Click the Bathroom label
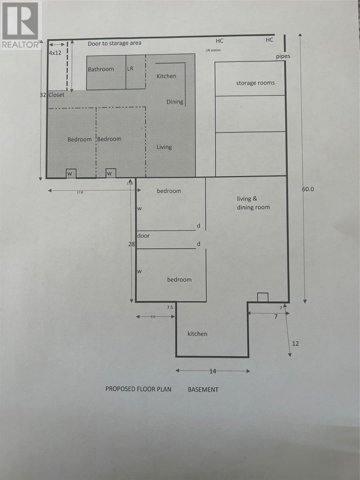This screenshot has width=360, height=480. (x=101, y=69)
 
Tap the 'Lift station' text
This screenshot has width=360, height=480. (x=213, y=50)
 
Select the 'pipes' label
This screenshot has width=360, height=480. (x=283, y=56)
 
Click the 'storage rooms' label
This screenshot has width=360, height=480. (x=255, y=83)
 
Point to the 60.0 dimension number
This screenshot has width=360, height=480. (x=308, y=189)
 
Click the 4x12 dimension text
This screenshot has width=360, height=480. (x=55, y=52)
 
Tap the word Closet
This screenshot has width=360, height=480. (x=56, y=95)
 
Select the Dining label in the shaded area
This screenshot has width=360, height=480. (x=175, y=102)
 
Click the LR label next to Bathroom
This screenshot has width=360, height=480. (x=130, y=69)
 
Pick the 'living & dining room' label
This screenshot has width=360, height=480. (x=253, y=203)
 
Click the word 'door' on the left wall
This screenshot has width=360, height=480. (x=143, y=236)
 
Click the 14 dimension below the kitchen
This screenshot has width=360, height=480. (x=212, y=371)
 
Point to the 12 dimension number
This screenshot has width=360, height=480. (x=295, y=343)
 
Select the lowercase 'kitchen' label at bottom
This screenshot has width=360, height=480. (x=198, y=334)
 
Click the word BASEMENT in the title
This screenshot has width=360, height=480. (x=203, y=389)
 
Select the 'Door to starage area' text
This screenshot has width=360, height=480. (x=114, y=43)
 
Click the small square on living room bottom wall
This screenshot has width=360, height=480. (x=262, y=297)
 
